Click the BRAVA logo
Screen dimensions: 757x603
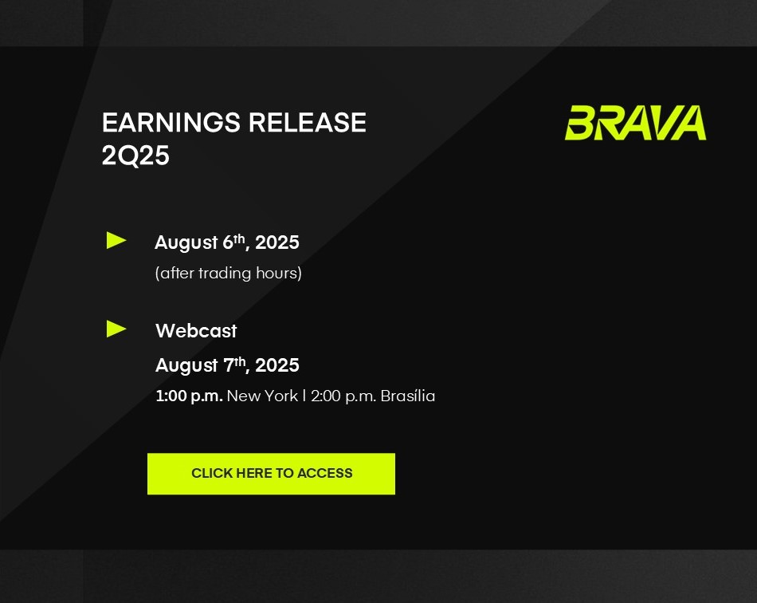pos(635,123)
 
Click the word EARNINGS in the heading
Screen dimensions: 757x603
pos(171,122)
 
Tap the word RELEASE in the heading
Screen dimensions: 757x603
pos(307,122)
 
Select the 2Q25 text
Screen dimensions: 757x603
pos(135,156)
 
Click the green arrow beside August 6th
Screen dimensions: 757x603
pos(116,241)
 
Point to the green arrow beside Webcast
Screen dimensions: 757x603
pos(116,329)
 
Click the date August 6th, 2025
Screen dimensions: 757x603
pos(227,242)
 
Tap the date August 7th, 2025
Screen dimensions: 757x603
pos(227,365)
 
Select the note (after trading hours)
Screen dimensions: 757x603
pos(229,274)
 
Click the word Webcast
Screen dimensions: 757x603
pos(196,331)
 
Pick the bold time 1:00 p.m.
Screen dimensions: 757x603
pos(189,396)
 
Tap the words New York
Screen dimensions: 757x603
pos(262,396)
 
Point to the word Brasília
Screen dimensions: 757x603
pos(407,396)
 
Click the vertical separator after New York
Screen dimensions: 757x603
pos(304,396)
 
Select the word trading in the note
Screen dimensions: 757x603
pos(225,274)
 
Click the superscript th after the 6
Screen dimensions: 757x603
pos(240,238)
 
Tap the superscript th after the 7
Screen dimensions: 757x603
pos(240,361)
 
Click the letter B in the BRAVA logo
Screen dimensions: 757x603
pos(580,123)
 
